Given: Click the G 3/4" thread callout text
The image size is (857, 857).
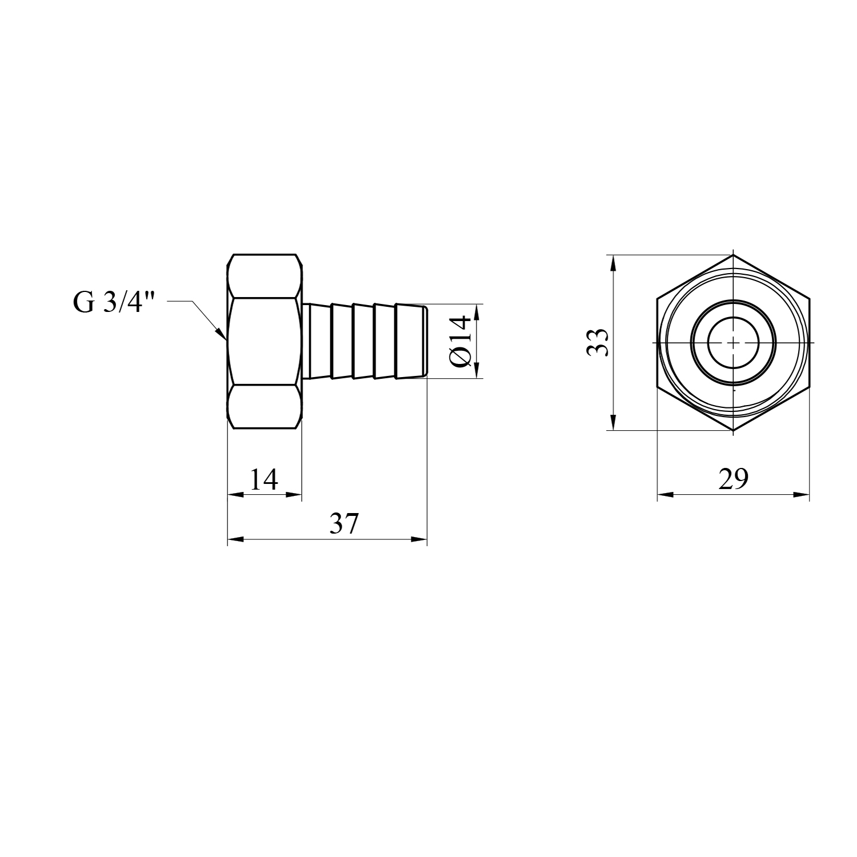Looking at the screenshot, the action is coord(114,302).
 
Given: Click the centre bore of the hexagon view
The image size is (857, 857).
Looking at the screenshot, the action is coord(733,342).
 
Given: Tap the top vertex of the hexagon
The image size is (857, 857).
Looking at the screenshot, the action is coord(733,254).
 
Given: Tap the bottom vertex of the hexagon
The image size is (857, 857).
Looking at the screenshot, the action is coord(733,430).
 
